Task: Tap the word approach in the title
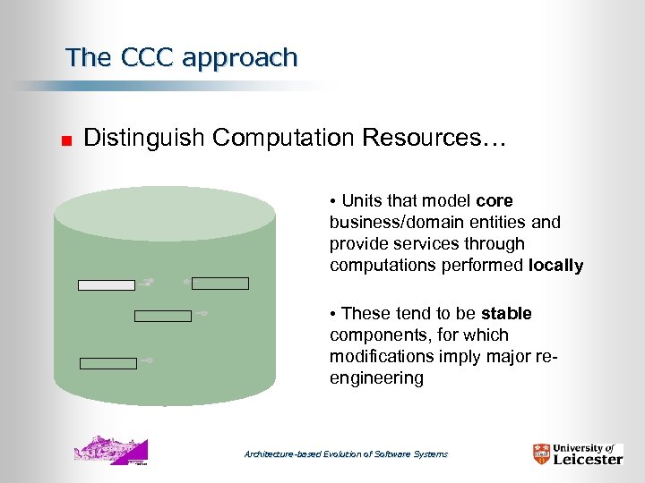238,59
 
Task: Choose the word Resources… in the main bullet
434,138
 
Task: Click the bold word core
494,200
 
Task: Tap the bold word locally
555,266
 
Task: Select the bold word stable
506,314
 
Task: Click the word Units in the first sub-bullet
361,200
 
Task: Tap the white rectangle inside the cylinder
107,285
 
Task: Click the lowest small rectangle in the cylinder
108,363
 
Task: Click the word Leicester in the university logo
587,459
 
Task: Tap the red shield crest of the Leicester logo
540,453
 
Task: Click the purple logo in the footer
110,451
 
